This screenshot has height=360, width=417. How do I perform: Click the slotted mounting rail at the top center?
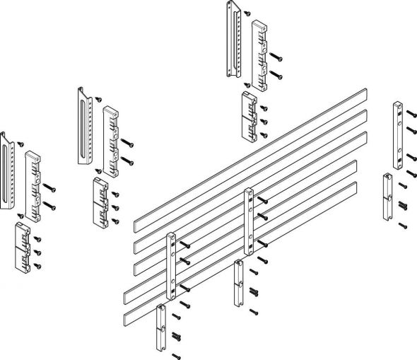[233, 39]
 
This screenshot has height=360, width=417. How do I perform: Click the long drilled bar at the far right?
[398, 134]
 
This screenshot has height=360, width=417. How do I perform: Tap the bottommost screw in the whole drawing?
[176, 354]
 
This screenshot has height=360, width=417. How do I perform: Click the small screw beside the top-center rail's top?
[246, 13]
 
